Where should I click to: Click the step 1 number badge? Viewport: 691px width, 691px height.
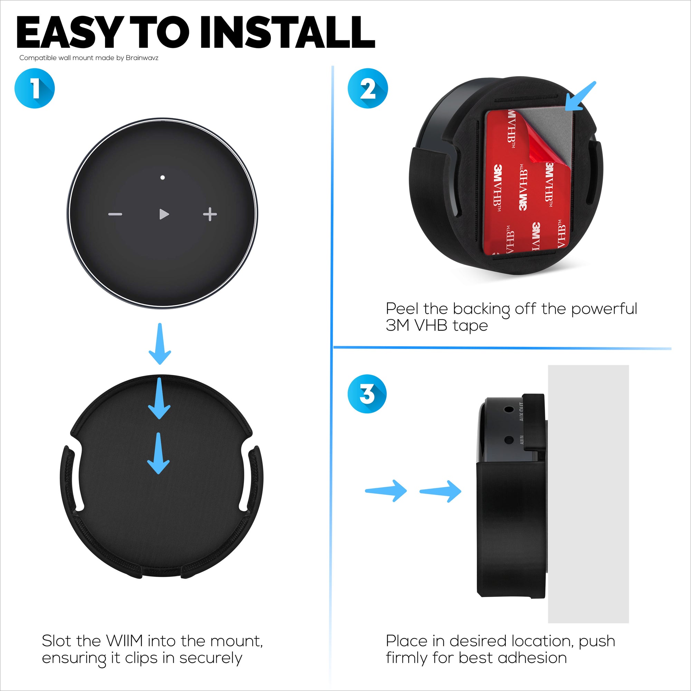coord(35,88)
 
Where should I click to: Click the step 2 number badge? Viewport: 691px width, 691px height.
coord(368,88)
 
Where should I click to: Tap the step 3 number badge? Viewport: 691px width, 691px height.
coord(367,394)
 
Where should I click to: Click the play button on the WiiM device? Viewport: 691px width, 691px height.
coord(164,214)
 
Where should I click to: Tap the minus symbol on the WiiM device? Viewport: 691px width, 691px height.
coord(115,214)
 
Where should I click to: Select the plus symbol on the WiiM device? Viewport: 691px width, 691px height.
coord(210,214)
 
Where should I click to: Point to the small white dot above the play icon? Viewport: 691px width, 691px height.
coord(162,177)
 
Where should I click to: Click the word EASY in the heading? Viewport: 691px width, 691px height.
coord(68,33)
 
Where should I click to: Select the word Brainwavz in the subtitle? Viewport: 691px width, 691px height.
coord(142,58)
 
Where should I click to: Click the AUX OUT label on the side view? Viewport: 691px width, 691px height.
coord(521,411)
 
